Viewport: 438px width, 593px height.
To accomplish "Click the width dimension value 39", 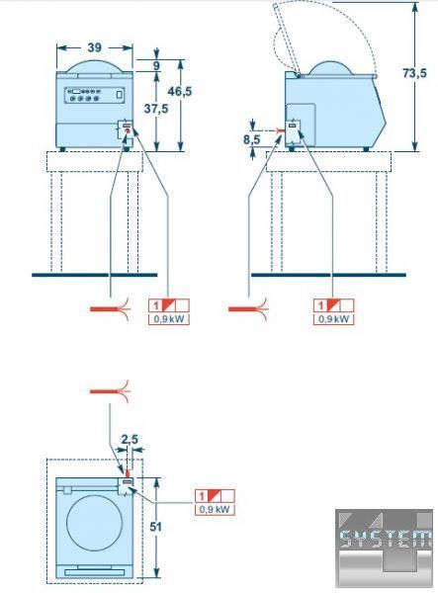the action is [x=95, y=47].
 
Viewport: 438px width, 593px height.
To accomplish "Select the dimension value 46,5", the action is [x=180, y=91].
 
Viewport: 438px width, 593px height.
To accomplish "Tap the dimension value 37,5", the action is [x=156, y=109].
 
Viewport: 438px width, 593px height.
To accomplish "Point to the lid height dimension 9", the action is [x=156, y=65].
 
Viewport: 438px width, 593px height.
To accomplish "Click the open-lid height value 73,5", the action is [x=414, y=73].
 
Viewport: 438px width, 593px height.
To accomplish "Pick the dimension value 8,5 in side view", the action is [x=251, y=139].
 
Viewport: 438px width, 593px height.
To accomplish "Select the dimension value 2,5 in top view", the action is [x=130, y=440].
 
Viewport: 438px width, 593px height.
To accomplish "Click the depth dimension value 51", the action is [x=155, y=527].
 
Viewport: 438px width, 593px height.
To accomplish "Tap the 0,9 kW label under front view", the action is [x=169, y=319].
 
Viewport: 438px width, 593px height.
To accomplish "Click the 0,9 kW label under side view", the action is [x=333, y=319].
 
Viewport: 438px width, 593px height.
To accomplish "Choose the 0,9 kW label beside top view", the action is [x=215, y=509].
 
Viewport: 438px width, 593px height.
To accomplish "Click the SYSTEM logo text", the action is [x=385, y=539].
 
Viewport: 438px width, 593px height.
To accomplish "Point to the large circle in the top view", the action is [x=95, y=523].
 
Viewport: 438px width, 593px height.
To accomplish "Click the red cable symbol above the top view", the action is [x=110, y=391].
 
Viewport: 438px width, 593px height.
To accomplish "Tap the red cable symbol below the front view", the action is [x=111, y=309].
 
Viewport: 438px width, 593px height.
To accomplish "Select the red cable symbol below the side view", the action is [x=248, y=309].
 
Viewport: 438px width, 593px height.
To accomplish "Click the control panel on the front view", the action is [x=95, y=95].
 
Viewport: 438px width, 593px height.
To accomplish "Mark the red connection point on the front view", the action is [x=128, y=130].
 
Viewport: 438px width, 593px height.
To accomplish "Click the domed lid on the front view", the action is [x=95, y=66].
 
